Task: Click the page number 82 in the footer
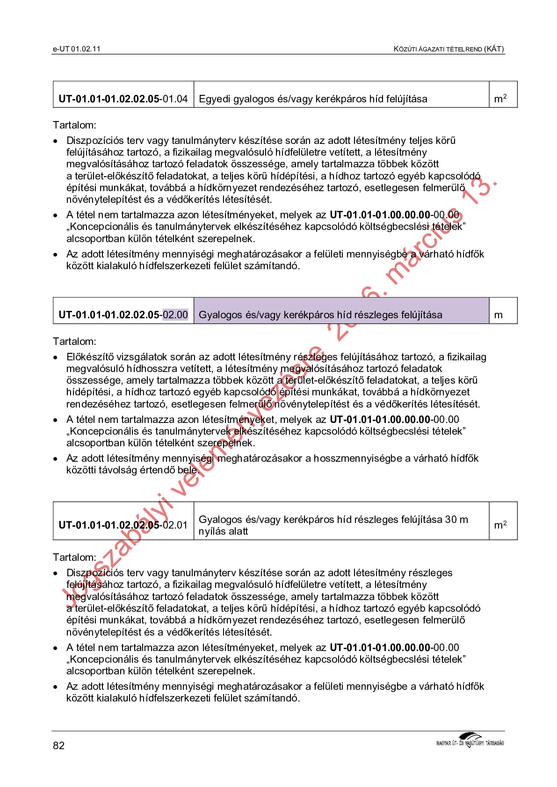tap(59, 745)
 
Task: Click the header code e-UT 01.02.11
tap(77, 49)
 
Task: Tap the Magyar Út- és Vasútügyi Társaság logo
tap(470, 740)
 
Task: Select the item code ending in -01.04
tap(123, 99)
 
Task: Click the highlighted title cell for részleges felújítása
tap(341, 315)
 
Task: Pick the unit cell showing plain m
tap(499, 315)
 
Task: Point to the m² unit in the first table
tap(500, 99)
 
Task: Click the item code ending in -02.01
tap(123, 525)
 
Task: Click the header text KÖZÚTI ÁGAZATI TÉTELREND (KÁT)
tap(448, 49)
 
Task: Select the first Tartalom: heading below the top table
tap(74, 125)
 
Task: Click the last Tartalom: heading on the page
tap(74, 558)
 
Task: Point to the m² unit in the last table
tap(500, 525)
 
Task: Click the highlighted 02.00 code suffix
tap(175, 315)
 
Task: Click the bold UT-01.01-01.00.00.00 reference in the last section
tap(380, 648)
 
